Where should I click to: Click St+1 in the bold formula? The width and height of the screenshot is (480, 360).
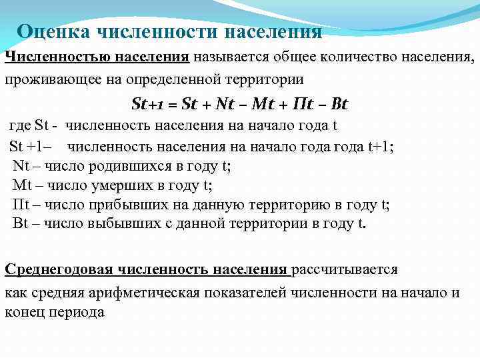point(149,105)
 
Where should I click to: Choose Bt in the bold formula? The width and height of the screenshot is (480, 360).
point(340,105)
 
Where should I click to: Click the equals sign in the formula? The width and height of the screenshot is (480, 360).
point(172,105)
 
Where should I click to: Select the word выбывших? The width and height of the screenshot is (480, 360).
point(115,223)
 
